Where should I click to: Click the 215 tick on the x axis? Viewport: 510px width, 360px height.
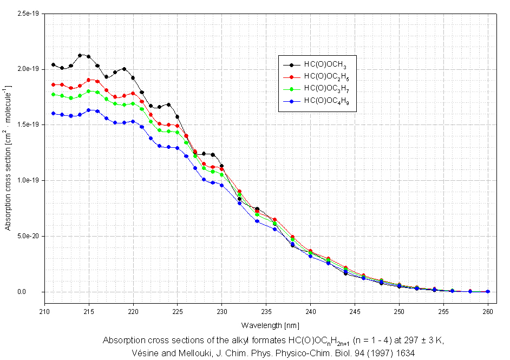coord(89,312)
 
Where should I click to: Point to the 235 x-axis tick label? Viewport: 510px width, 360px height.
coord(266,312)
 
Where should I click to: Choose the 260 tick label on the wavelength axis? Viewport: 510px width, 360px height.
coord(487,312)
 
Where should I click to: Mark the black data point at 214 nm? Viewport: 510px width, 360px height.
coord(80,55)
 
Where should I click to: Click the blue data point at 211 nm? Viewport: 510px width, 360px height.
coord(53,113)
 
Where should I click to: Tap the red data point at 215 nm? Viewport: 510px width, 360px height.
coord(89,80)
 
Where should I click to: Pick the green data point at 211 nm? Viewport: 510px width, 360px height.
coord(53,94)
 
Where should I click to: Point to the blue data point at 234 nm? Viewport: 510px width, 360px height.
coord(257,221)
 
